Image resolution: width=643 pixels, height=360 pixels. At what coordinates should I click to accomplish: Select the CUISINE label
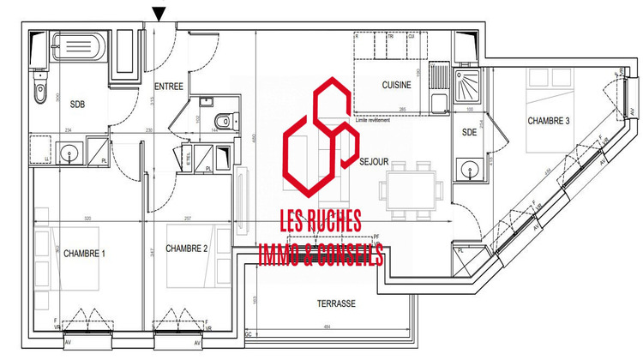[396, 86]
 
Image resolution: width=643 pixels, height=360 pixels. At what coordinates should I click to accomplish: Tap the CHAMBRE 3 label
[549, 121]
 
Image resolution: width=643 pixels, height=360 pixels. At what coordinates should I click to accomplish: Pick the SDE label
[469, 132]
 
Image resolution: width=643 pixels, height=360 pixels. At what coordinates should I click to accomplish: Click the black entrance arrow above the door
[159, 13]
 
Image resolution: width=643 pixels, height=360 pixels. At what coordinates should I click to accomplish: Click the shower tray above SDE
[472, 83]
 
